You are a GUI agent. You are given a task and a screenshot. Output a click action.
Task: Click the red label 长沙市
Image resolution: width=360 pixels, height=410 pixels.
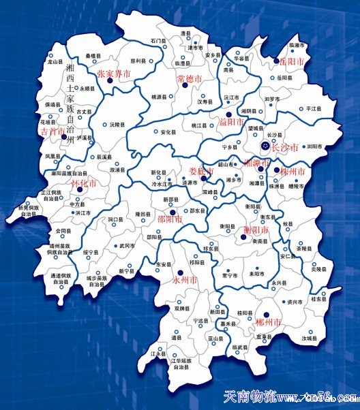coord(286,146)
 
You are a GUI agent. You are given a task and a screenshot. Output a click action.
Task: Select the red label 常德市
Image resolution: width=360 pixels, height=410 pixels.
coord(189,79)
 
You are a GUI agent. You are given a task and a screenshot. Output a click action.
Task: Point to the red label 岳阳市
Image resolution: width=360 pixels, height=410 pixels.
coord(292,62)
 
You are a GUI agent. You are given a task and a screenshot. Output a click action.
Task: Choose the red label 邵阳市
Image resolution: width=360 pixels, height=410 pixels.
coord(170,220)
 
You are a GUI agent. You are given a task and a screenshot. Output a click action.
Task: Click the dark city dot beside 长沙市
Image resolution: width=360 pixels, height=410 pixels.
coord(266,145)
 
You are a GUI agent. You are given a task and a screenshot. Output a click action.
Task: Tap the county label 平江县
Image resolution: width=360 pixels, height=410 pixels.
coord(313,108)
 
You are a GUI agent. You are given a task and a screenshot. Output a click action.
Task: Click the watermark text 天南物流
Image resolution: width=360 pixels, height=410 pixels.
coord(253,397)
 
